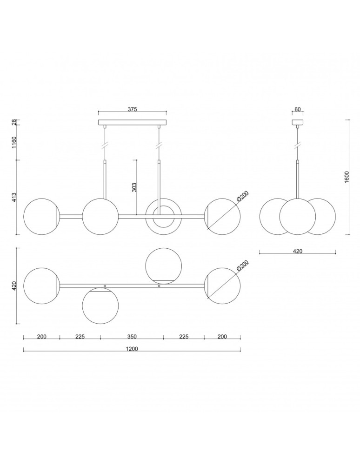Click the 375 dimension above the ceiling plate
132,109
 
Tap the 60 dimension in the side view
298,109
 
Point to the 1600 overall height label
348,177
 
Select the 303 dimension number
134,187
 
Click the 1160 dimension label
14,142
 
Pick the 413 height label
14,197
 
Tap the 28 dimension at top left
14,122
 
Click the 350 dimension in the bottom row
132,337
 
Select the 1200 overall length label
132,349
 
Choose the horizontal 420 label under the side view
297,251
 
